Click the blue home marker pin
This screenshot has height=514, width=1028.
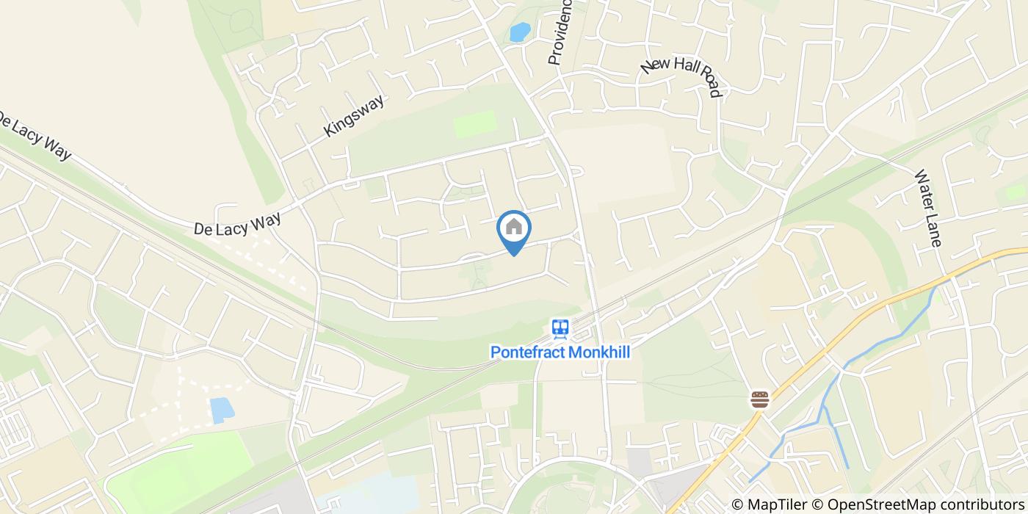(514, 231)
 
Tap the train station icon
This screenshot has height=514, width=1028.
(560, 328)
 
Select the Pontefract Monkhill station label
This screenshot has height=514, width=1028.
(560, 352)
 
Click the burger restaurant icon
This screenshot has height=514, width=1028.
(759, 399)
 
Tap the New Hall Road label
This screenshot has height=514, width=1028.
(682, 76)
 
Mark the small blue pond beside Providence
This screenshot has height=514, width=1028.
(520, 32)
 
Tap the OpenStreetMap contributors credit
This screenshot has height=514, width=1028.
(918, 504)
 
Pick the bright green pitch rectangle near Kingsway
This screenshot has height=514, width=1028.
(475, 124)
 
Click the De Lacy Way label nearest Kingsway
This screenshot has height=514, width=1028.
(237, 220)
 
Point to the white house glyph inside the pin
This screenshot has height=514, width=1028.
(514, 226)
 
